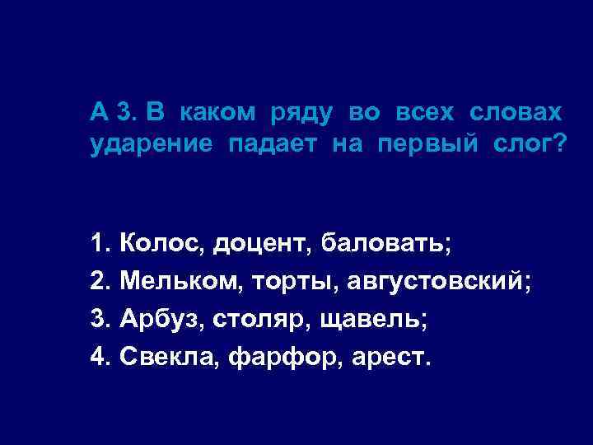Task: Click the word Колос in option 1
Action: pyautogui.click(x=161, y=244)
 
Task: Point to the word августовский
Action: pyautogui.click(x=438, y=282)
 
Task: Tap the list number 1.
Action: pyautogui.click(x=99, y=244)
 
